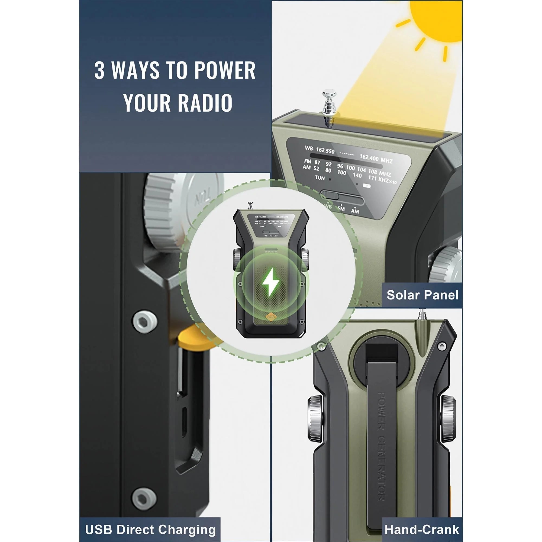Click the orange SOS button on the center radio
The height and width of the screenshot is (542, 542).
271,317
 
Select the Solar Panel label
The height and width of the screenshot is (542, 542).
422,295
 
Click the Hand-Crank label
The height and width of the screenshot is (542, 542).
422,522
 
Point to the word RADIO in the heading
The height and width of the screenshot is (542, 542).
205,103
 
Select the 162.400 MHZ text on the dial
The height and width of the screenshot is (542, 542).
376,159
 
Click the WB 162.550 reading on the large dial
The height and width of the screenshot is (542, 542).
320,150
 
